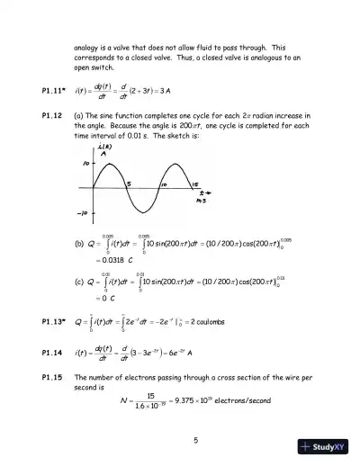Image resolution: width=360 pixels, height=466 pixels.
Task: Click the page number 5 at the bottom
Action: click(195, 440)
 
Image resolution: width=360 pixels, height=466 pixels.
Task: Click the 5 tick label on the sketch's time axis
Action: click(129, 184)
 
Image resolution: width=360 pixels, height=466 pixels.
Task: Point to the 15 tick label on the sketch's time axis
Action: click(194, 184)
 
